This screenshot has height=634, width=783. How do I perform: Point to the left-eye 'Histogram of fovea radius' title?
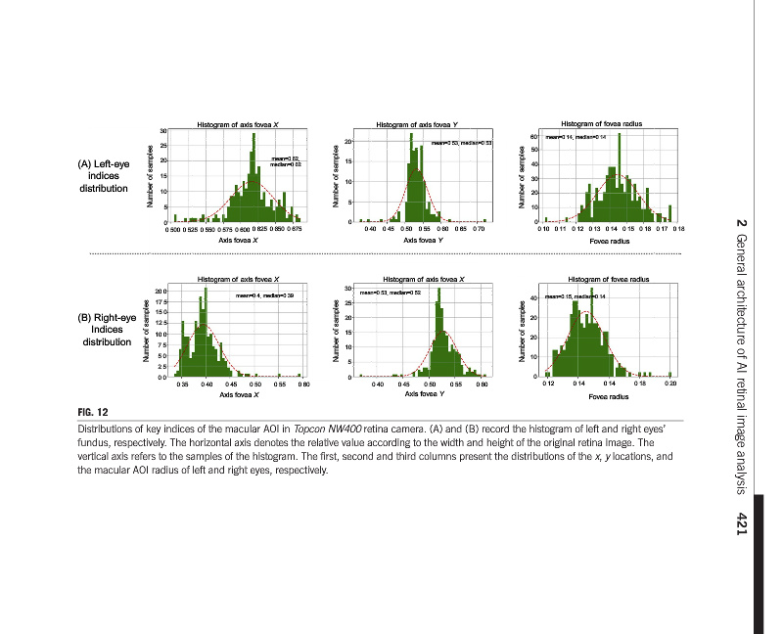(x=601, y=124)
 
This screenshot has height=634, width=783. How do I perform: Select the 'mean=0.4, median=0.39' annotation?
(x=264, y=294)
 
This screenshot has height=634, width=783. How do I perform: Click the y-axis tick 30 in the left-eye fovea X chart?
(x=162, y=131)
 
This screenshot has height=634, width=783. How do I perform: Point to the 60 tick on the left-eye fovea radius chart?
(x=533, y=137)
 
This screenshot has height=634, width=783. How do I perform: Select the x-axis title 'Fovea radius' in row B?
(x=609, y=397)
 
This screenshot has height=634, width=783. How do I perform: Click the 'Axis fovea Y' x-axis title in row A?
(x=424, y=239)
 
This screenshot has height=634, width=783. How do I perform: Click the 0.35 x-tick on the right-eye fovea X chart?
(x=183, y=385)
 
